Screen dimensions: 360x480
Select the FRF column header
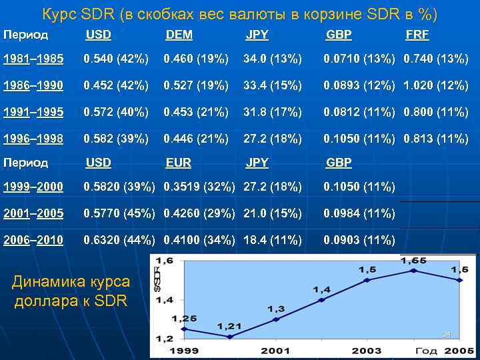tap(417, 35)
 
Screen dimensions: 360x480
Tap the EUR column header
tap(179, 162)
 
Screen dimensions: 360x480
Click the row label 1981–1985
tap(33, 59)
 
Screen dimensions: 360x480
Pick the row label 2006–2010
tap(33, 240)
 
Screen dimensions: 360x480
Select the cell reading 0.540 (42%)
tap(116, 59)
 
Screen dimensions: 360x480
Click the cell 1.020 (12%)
tap(436, 86)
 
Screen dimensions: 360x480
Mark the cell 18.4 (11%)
tap(273, 240)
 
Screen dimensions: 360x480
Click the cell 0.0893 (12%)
tap(360, 86)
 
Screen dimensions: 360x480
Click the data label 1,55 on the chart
tap(413, 261)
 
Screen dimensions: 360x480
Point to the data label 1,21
tap(230, 326)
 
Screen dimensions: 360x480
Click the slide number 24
tap(447, 334)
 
